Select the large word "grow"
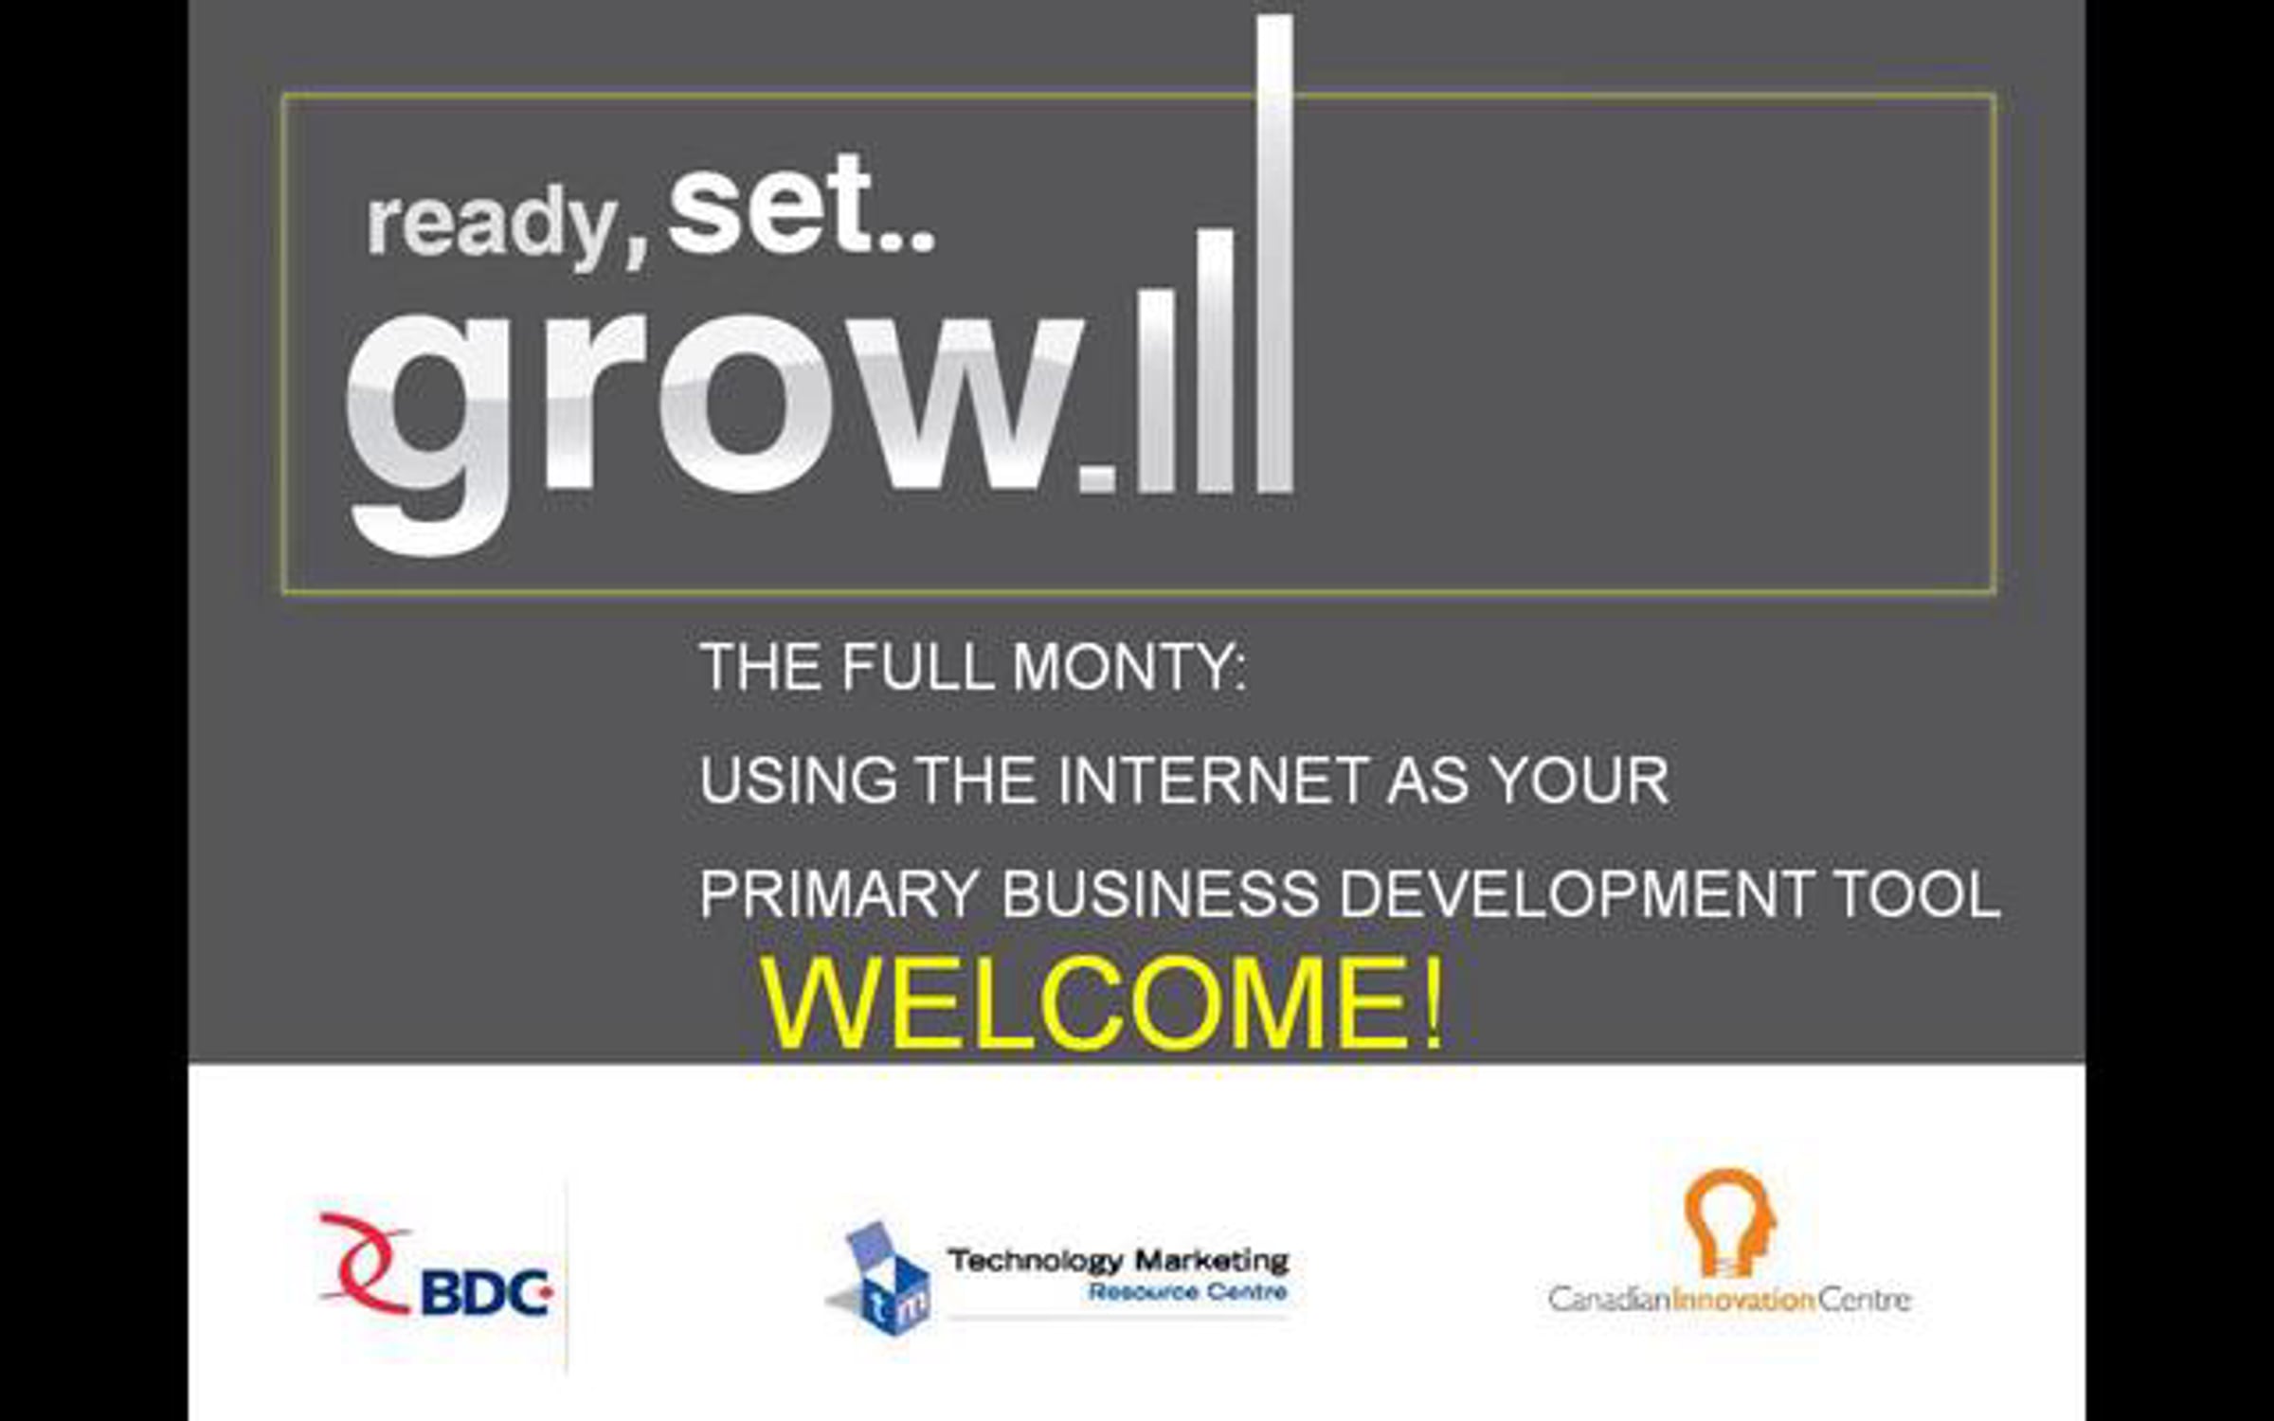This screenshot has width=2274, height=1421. click(x=715, y=431)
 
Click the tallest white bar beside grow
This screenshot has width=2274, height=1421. click(x=1275, y=254)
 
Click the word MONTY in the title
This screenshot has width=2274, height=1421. click(x=1129, y=667)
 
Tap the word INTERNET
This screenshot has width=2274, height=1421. click(x=1210, y=781)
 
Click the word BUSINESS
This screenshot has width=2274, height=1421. click(x=1160, y=894)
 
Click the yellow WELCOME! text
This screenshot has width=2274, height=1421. click(x=1103, y=1004)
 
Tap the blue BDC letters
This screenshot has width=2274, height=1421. click(x=485, y=1292)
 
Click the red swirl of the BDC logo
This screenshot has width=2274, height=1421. click(x=365, y=1262)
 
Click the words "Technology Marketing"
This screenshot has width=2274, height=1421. click(x=1118, y=1261)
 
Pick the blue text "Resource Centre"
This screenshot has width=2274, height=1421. click(x=1188, y=1292)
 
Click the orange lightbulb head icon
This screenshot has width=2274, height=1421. click(x=1729, y=1222)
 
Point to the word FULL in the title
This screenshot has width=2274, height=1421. click(x=916, y=667)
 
